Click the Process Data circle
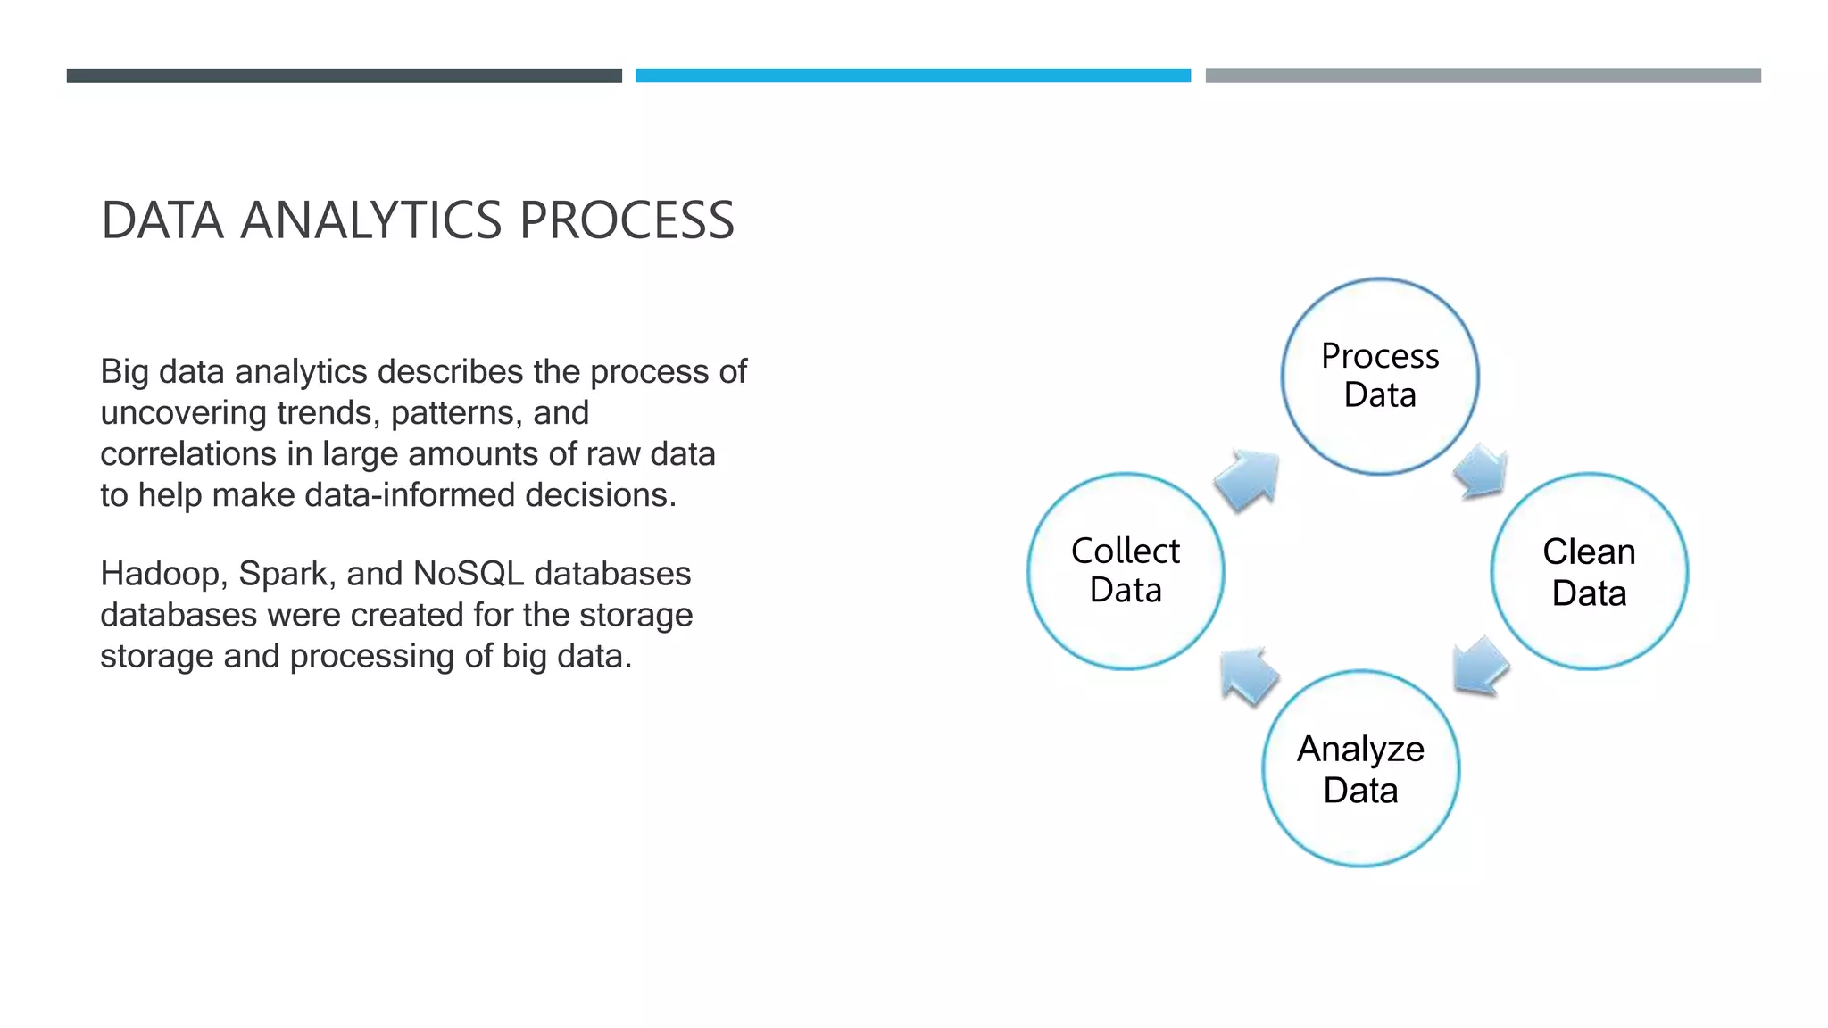coord(1380,376)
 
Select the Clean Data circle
coord(1589,571)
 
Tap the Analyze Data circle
coord(1360,768)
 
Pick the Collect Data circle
coord(1126,571)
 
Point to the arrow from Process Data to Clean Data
coord(1482,470)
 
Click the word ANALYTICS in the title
coord(371,220)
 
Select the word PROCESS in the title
coord(627,220)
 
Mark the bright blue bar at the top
coord(912,76)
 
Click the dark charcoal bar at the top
coord(344,76)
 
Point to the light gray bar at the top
coord(1483,76)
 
